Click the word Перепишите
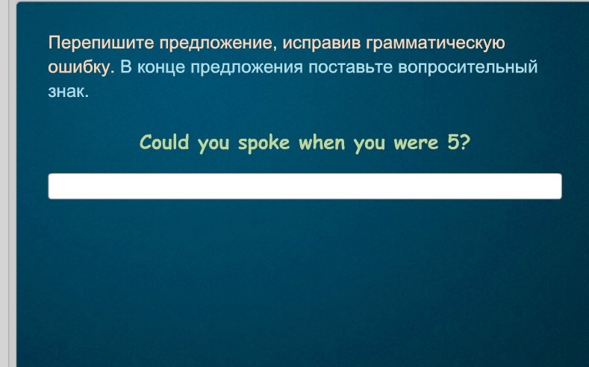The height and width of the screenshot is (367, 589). [x=101, y=43]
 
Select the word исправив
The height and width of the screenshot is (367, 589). [x=321, y=43]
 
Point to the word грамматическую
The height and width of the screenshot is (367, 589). [x=435, y=43]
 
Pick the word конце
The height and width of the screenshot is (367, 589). [x=161, y=68]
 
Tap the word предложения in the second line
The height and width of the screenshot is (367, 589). [x=247, y=68]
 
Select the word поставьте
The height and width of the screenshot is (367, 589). [x=350, y=68]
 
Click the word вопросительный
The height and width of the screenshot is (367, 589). [x=468, y=68]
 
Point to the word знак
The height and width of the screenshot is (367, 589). [x=69, y=91]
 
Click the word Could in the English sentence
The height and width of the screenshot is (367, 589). [x=164, y=142]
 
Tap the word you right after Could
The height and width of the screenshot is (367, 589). [x=214, y=144]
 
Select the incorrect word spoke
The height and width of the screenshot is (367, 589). [x=264, y=143]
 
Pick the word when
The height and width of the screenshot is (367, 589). [x=322, y=142]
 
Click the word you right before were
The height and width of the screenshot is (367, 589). [x=370, y=144]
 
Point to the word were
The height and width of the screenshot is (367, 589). [x=417, y=144]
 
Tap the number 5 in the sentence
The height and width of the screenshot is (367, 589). [x=452, y=142]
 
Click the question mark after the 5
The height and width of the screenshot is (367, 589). [x=464, y=142]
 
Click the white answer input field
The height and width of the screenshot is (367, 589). [x=305, y=186]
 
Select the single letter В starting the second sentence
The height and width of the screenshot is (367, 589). [x=126, y=68]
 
